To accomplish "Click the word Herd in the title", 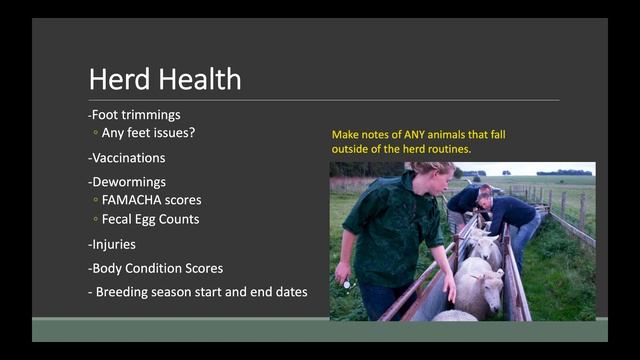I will click(x=117, y=78).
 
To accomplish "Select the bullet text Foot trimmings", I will click(x=137, y=113).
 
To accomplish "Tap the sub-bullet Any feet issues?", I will click(x=154, y=131).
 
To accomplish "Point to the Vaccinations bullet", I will click(x=127, y=157).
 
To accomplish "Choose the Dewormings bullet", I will click(x=127, y=183).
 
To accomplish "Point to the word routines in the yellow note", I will click(x=447, y=149).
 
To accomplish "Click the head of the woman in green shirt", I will click(x=431, y=178).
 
